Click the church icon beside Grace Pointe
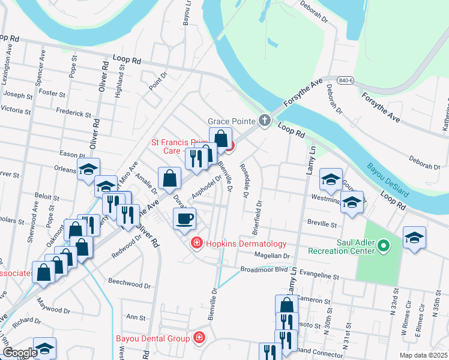264,121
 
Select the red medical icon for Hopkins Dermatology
196,244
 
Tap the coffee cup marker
184,218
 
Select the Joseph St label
18,95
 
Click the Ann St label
136,317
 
